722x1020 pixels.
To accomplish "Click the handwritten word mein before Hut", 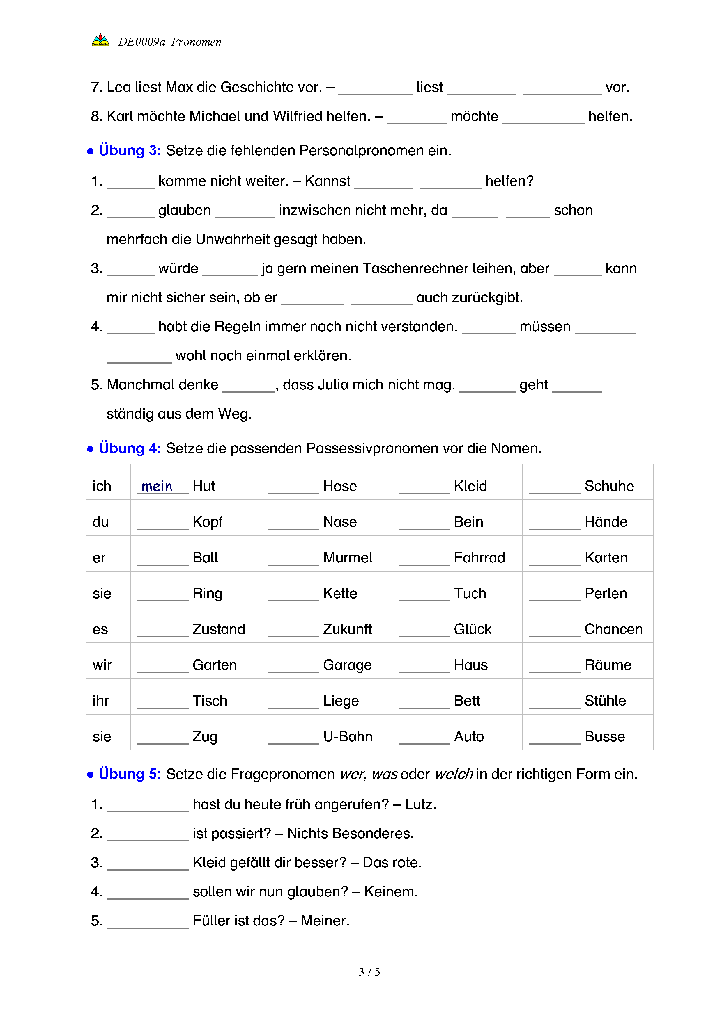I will pyautogui.click(x=157, y=487).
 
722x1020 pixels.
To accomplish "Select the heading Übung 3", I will pyautogui.click(x=130, y=151).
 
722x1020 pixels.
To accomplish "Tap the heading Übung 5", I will pyautogui.click(x=130, y=774).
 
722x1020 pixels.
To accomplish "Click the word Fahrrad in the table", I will pyautogui.click(x=479, y=558).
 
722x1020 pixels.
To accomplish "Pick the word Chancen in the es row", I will pyautogui.click(x=613, y=629).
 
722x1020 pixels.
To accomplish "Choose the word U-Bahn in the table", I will pyautogui.click(x=348, y=736).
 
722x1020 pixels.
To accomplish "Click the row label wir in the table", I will pyautogui.click(x=102, y=665).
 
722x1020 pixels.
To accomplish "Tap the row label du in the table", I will pyautogui.click(x=100, y=522).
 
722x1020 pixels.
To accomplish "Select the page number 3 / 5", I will pyautogui.click(x=369, y=972).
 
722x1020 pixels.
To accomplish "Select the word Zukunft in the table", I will pyautogui.click(x=347, y=629).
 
